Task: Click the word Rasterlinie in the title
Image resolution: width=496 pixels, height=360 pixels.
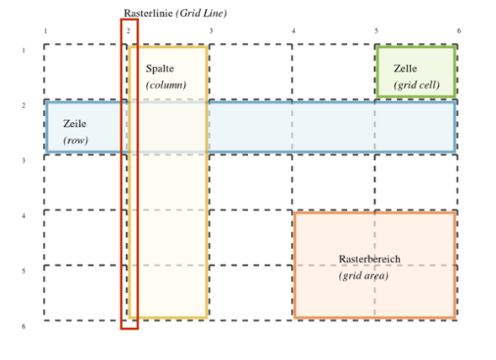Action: [x=148, y=13]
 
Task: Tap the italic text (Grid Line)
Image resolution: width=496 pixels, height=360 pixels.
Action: [x=202, y=13]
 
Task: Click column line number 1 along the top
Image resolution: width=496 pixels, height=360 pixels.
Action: [x=45, y=31]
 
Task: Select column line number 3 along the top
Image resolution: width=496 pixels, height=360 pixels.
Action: [x=211, y=31]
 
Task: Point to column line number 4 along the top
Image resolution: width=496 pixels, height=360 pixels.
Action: [x=293, y=31]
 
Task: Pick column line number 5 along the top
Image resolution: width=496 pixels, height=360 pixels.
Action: [x=376, y=31]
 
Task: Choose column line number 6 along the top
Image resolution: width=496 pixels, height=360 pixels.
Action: [x=459, y=31]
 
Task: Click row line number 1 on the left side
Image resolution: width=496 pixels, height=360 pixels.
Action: [x=24, y=50]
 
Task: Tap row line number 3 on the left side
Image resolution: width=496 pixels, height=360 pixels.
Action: [x=24, y=161]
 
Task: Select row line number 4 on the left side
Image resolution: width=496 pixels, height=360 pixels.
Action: [x=24, y=216]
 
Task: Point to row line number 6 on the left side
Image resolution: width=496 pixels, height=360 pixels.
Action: [x=24, y=326]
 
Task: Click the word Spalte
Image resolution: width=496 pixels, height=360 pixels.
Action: [x=160, y=69]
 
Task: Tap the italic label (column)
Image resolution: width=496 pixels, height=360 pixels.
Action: [x=166, y=85]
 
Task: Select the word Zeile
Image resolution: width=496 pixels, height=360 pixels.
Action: [x=75, y=124]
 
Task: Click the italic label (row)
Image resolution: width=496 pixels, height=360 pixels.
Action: [x=76, y=140]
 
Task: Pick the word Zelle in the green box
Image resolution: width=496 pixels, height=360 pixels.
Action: [x=405, y=69]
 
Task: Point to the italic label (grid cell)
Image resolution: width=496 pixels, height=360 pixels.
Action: [x=417, y=85]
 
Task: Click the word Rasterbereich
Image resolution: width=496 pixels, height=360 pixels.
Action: [x=369, y=259]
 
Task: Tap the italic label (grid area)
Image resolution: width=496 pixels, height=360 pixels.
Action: [x=363, y=276]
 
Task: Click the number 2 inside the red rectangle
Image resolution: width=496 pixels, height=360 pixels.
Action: [x=128, y=31]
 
